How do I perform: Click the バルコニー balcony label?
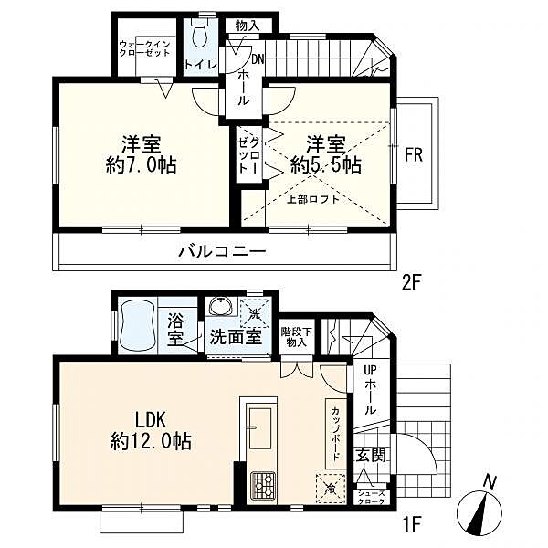click(x=221, y=250)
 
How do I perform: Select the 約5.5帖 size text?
click(x=326, y=166)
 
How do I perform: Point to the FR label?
click(x=414, y=154)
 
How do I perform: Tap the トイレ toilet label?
click(x=200, y=65)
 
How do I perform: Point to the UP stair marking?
click(x=370, y=372)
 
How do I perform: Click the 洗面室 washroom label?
click(x=237, y=336)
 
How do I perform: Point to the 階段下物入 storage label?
click(x=294, y=337)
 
